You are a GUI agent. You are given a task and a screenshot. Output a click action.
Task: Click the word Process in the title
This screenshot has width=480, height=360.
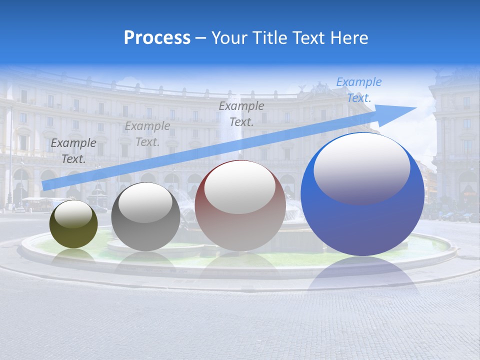click(157, 37)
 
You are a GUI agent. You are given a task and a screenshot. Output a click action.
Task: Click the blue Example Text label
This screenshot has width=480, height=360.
click(358, 90)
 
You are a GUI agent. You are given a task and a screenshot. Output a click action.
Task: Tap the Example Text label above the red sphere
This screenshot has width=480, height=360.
click(241, 113)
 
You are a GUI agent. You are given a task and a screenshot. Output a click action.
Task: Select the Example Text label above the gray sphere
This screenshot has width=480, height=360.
click(147, 134)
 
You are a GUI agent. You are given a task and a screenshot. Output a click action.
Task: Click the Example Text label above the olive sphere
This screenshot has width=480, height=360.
click(73, 151)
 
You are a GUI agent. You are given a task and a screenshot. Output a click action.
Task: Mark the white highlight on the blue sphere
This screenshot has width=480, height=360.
click(361, 167)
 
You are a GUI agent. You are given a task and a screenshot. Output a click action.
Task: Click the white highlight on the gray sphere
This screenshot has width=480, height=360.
click(145, 202)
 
